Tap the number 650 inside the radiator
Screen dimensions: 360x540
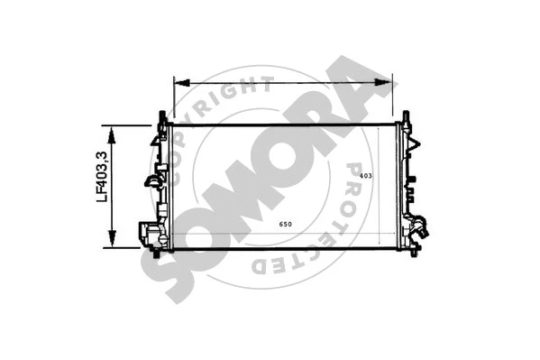click(284, 224)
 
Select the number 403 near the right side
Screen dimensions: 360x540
click(365, 175)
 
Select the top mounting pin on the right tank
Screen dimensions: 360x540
click(406, 117)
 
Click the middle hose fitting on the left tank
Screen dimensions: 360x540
click(151, 180)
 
